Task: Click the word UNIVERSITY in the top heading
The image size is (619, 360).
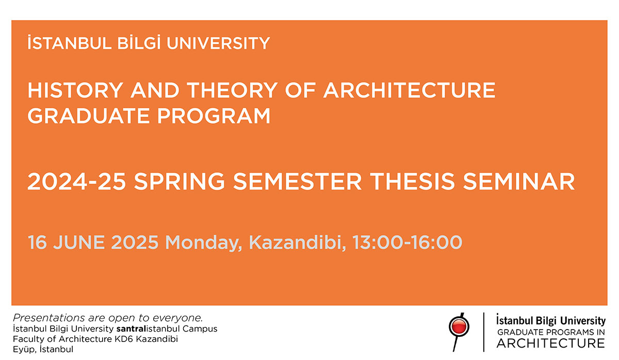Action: coord(218,43)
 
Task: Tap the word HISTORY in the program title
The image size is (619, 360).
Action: coord(75,90)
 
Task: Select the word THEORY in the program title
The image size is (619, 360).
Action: coord(232,90)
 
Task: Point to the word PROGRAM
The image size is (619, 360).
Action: coord(214,116)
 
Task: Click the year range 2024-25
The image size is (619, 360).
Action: coord(77,182)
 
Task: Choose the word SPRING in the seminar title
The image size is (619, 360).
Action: coord(180,182)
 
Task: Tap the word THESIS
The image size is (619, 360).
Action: coord(412,182)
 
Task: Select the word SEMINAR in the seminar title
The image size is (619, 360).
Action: coord(519,182)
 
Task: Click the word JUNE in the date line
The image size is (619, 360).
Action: coord(79,242)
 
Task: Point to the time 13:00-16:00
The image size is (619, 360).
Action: coord(407,242)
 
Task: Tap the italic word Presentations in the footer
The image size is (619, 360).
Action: coord(50,318)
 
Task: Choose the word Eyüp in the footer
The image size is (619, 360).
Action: coord(25,350)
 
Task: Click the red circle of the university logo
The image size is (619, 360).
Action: coord(459,326)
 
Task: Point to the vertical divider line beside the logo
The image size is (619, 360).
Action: coord(484,332)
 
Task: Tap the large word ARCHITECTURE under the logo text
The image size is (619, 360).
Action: coord(551,343)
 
